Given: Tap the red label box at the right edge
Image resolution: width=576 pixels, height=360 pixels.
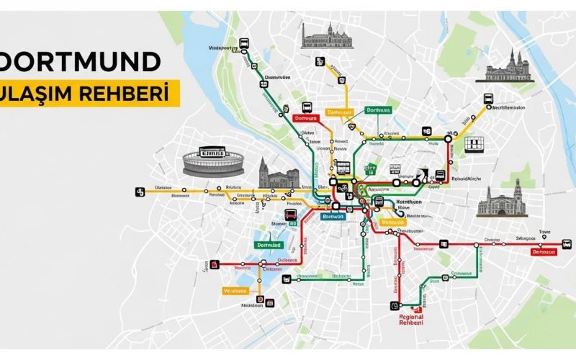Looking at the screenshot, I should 544,252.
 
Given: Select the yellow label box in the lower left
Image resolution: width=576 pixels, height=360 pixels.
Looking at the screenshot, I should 234,291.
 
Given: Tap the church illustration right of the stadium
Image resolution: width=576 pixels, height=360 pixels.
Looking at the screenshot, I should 279,174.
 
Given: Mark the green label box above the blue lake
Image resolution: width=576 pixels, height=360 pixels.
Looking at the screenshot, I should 273,245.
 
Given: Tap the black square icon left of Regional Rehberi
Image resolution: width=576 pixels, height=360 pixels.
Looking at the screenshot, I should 394,305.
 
